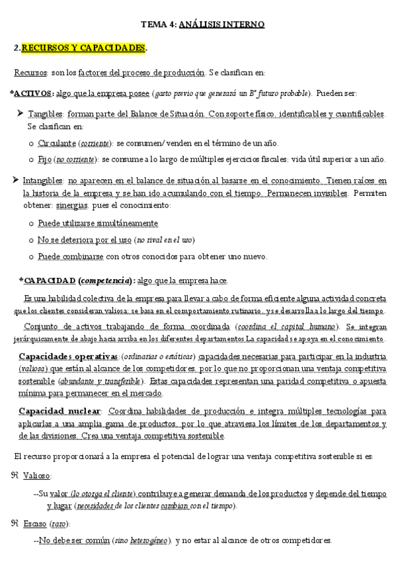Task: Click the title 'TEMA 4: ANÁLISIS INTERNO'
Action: (x=202, y=24)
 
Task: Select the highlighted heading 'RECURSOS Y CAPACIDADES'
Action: (x=83, y=48)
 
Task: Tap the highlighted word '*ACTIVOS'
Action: (x=32, y=93)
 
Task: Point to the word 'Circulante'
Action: (x=57, y=143)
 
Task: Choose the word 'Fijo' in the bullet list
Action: (x=45, y=159)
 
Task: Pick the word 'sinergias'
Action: (x=85, y=206)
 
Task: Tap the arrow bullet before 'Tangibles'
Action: (x=20, y=114)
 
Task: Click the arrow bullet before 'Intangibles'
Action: (x=16, y=180)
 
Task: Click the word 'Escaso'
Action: (x=34, y=524)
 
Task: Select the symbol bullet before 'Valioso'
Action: (x=15, y=476)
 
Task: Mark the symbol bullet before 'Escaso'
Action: (x=15, y=524)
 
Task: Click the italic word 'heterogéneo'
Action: (x=149, y=540)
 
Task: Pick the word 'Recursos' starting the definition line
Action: (x=30, y=72)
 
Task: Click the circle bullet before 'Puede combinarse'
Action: (x=31, y=257)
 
